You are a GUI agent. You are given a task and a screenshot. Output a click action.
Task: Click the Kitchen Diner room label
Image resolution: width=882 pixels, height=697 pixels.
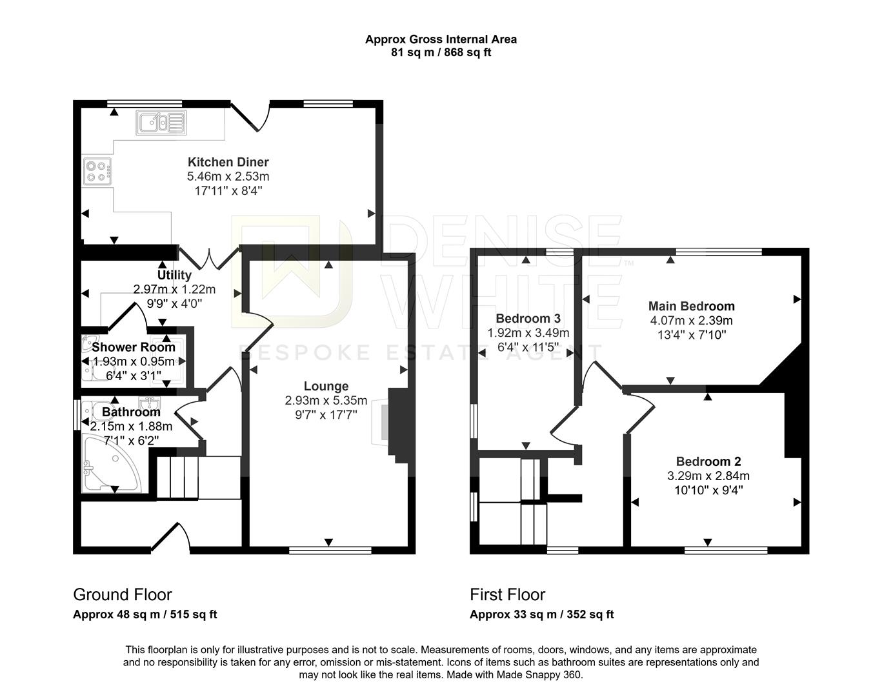point(228,162)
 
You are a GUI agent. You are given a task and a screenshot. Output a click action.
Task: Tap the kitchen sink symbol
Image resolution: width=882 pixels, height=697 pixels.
point(161,122)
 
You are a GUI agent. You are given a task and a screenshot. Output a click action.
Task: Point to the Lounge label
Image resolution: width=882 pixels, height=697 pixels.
point(326,386)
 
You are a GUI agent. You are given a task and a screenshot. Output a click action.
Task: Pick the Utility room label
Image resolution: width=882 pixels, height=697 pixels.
point(174,276)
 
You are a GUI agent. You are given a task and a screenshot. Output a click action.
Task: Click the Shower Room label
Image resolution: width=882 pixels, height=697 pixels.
point(133,347)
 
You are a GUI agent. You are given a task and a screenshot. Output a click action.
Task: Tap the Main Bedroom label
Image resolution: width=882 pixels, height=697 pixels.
point(691,306)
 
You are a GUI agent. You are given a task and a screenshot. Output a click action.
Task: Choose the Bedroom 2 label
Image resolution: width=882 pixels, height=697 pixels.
point(708,461)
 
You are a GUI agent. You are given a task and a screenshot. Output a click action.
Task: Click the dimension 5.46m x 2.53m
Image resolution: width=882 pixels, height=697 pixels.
point(228,176)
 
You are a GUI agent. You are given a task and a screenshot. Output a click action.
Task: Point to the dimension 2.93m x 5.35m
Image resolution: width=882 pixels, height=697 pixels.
point(326,400)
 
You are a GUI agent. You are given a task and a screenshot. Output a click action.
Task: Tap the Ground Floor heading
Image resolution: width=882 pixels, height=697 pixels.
point(123,594)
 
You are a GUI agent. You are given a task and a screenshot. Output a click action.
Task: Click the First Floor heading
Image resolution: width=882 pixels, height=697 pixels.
point(507,594)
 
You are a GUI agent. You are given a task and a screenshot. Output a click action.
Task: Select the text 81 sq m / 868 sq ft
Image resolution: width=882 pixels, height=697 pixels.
point(441,53)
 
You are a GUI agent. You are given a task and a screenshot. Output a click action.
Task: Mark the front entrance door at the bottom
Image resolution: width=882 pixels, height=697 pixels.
point(170,539)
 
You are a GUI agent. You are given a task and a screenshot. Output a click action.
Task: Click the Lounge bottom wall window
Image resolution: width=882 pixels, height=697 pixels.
point(330,551)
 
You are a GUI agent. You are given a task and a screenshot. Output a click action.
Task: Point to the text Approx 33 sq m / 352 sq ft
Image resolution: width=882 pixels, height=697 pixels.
point(541,614)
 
